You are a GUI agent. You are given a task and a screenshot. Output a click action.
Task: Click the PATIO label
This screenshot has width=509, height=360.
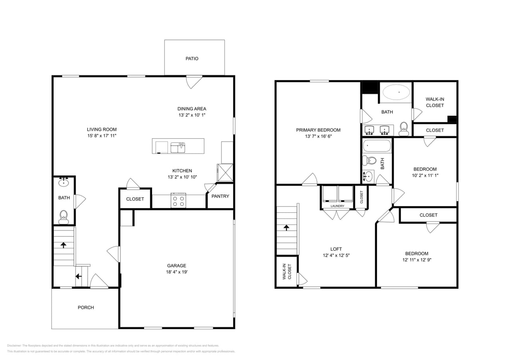click(192, 58)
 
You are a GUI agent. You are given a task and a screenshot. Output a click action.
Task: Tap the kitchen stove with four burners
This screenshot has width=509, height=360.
click(178, 200)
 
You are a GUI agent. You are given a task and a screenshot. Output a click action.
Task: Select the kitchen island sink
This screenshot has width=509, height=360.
click(178, 148)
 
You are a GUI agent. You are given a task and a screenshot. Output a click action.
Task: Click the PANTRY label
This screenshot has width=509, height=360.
click(220, 196)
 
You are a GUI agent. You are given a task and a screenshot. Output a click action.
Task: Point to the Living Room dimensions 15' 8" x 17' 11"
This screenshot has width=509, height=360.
click(102, 136)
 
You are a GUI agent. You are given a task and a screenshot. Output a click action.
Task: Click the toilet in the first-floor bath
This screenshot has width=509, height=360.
click(64, 217)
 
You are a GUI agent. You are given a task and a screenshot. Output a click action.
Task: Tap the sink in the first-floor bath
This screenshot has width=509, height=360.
click(64, 182)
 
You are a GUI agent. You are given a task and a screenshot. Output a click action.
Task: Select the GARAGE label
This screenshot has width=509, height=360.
click(176, 266)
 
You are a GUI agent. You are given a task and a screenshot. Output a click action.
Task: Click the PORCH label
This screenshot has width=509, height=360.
click(86, 308)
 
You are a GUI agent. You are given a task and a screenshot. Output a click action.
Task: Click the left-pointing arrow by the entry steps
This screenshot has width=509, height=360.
click(78, 276)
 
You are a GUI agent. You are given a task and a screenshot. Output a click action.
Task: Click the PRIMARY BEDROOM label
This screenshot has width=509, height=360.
click(318, 130)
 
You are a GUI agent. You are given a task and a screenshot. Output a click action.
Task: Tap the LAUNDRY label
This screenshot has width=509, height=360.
click(337, 206)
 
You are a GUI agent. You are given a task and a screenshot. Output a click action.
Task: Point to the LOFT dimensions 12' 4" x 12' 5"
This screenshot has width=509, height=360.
click(336, 255)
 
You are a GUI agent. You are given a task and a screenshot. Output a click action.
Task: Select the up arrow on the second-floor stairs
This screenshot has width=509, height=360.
click(287, 228)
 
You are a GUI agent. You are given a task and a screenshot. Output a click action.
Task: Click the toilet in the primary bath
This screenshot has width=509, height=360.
click(404, 129)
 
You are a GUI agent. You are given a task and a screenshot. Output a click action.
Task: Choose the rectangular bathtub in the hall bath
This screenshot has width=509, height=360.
click(377, 146)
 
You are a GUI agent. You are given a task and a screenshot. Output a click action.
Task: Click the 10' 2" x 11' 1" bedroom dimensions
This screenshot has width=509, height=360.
click(425, 175)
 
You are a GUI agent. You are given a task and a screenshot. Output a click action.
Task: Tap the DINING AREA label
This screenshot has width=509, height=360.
click(192, 109)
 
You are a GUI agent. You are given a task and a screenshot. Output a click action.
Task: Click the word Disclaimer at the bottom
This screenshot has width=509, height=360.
click(14, 346)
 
